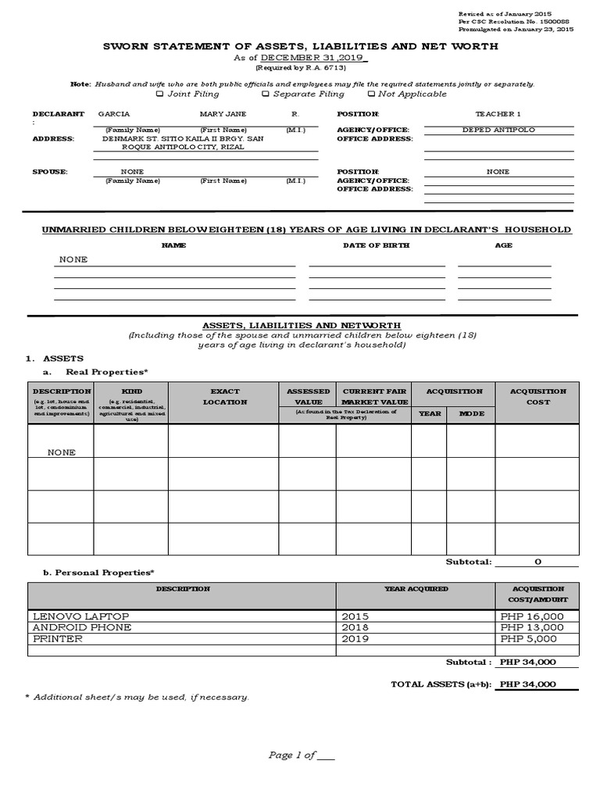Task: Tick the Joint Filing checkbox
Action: pos(160,94)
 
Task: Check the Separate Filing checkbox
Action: pos(266,94)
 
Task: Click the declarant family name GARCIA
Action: pos(114,114)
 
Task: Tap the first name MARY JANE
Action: pos(223,114)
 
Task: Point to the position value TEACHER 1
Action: pos(498,114)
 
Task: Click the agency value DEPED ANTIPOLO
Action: pos(498,130)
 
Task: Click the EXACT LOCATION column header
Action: pos(225,397)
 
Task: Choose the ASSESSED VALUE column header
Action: pos(309,397)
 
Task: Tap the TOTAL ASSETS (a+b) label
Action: pos(441,684)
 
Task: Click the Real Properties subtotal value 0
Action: pos(537,562)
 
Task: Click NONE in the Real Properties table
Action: pos(62,452)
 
